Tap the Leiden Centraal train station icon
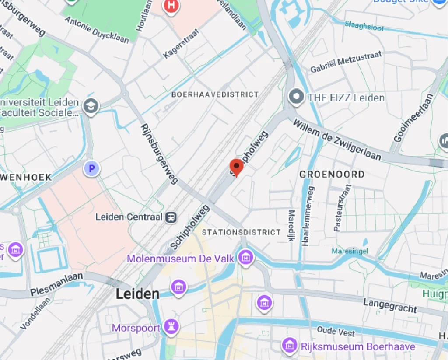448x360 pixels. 171,217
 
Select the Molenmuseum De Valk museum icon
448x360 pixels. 246,258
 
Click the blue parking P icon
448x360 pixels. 91,168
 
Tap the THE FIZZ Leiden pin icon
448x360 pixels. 296,97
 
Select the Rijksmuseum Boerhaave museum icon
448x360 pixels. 290,346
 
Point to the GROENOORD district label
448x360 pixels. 332,174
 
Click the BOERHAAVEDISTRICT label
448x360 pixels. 215,94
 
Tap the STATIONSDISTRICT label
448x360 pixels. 241,232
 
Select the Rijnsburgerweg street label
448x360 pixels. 159,154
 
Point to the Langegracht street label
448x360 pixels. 390,305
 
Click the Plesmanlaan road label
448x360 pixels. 56,284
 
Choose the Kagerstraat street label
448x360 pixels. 181,44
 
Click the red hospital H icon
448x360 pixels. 171,6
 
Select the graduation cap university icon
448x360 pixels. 91,106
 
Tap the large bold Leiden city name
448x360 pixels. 137,294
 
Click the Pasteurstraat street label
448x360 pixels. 342,208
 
